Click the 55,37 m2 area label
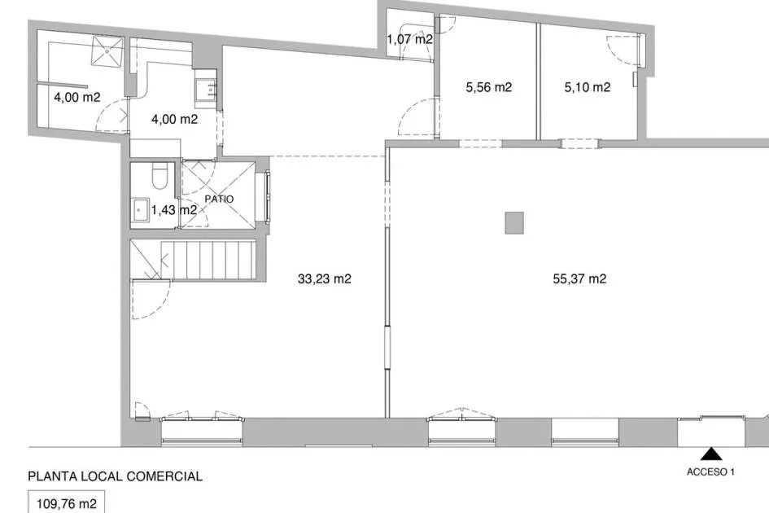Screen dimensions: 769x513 pos(579,278)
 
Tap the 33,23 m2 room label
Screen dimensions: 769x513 pos(324,278)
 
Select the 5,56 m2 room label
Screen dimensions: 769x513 pos(488,87)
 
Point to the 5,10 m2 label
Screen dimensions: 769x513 pos(587,87)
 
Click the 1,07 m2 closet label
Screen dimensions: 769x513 pos(409,39)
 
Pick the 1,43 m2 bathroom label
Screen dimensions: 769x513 pos(174,210)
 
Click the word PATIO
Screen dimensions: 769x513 pos(219,199)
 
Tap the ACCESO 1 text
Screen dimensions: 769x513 pos(710,471)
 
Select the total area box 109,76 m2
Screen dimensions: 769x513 pos(66,502)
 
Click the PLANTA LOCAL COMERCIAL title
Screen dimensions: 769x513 pos(116,476)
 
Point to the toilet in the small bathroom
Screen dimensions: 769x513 pos(159,175)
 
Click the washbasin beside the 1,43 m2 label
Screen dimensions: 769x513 pos(141,210)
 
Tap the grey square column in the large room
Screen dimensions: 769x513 pos(514,223)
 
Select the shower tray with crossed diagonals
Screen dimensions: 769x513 pos(107,50)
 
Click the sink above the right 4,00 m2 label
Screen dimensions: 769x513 pos(206,89)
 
